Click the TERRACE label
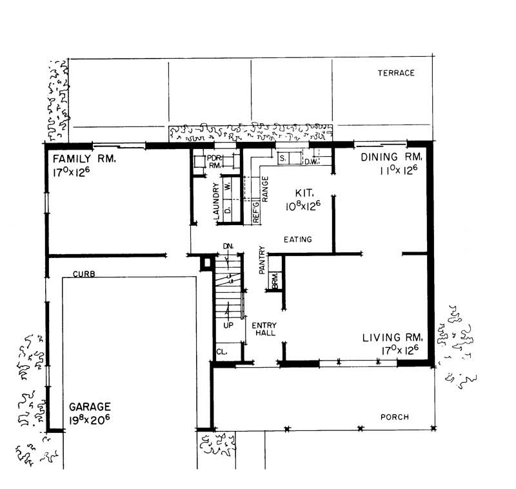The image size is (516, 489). click(395, 73)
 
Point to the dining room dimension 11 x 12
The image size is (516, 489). click(401, 171)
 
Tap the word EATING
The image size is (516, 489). click(298, 239)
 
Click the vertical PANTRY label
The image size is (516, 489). click(263, 261)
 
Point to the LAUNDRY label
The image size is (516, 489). click(217, 201)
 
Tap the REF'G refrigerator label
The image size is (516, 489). click(255, 213)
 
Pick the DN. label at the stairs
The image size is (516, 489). click(227, 246)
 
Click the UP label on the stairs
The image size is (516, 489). click(228, 326)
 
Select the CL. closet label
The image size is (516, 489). click(222, 353)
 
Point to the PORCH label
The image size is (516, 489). click(394, 417)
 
